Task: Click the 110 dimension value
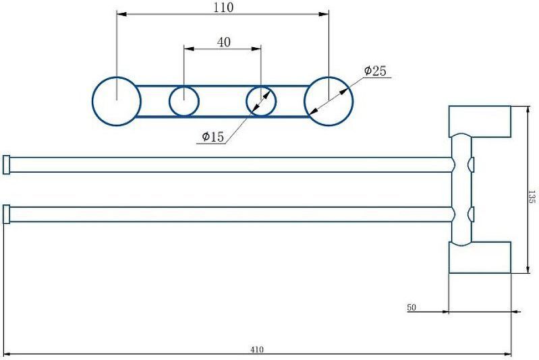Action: [223, 7]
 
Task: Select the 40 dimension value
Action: [224, 42]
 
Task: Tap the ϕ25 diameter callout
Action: [375, 71]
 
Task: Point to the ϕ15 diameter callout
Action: [212, 137]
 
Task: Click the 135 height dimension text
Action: [532, 197]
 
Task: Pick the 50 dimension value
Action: [412, 307]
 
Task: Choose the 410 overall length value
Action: [257, 350]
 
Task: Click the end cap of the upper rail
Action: [6, 165]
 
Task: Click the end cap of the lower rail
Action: [6, 214]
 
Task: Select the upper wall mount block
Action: [480, 121]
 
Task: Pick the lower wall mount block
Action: [480, 258]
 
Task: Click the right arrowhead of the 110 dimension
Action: [324, 14]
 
